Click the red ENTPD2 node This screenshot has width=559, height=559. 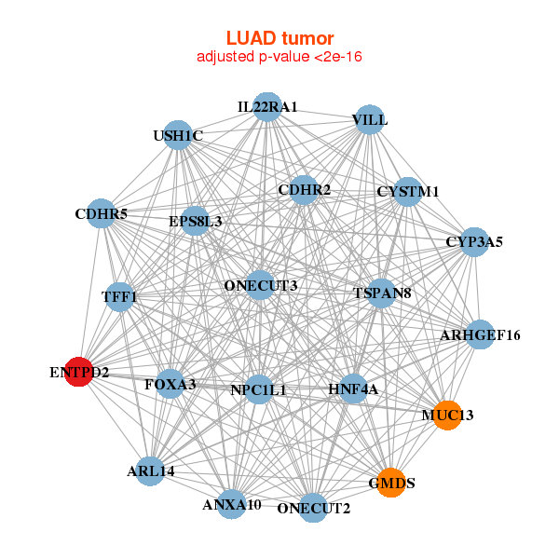click(79, 372)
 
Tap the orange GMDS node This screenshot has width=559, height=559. click(391, 483)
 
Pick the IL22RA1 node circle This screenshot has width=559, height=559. click(267, 107)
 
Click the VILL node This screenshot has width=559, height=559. click(370, 120)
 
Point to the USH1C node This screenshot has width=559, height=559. click(177, 136)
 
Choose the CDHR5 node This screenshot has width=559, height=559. click(102, 215)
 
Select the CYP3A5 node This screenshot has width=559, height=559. click(474, 241)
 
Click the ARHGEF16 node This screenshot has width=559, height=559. click(480, 334)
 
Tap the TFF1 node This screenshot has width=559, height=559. click(119, 297)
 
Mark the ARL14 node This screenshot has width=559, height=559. click(151, 470)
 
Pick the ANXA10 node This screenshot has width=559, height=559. click(232, 505)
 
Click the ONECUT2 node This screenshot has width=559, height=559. click(314, 508)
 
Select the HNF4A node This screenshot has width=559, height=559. click(353, 389)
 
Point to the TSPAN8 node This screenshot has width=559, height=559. click(382, 293)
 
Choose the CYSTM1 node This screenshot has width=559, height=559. click(407, 192)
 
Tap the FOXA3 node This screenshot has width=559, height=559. click(170, 383)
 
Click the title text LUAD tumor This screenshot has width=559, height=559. click(279, 38)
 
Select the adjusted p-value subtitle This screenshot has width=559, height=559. click(279, 57)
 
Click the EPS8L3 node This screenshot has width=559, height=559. click(196, 222)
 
